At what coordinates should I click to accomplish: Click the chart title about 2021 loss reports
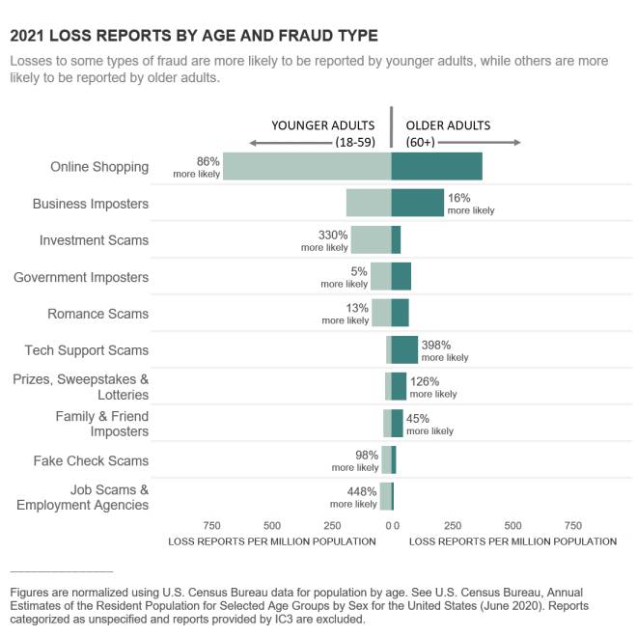[x=193, y=36]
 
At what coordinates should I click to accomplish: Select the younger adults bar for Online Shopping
[x=306, y=166]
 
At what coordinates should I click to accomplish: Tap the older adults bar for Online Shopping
[x=436, y=166]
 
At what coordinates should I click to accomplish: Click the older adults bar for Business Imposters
[x=417, y=203]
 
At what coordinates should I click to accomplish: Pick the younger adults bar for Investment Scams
[x=371, y=239]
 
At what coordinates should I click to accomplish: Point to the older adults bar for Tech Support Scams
[x=404, y=349]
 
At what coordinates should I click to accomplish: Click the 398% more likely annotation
[x=444, y=350]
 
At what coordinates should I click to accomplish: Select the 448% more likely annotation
[x=353, y=497]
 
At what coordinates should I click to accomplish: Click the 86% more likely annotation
[x=197, y=167]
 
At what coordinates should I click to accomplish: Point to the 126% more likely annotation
[x=432, y=387]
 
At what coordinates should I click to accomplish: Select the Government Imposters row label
[x=81, y=277]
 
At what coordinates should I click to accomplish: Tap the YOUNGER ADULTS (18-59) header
[x=322, y=133]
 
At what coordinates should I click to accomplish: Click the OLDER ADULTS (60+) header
[x=447, y=133]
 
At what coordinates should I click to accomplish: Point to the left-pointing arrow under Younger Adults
[x=290, y=143]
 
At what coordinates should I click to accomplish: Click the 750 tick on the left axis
[x=211, y=526]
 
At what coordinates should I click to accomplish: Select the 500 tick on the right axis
[x=512, y=526]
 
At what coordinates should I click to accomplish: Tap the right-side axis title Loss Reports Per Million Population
[x=512, y=541]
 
